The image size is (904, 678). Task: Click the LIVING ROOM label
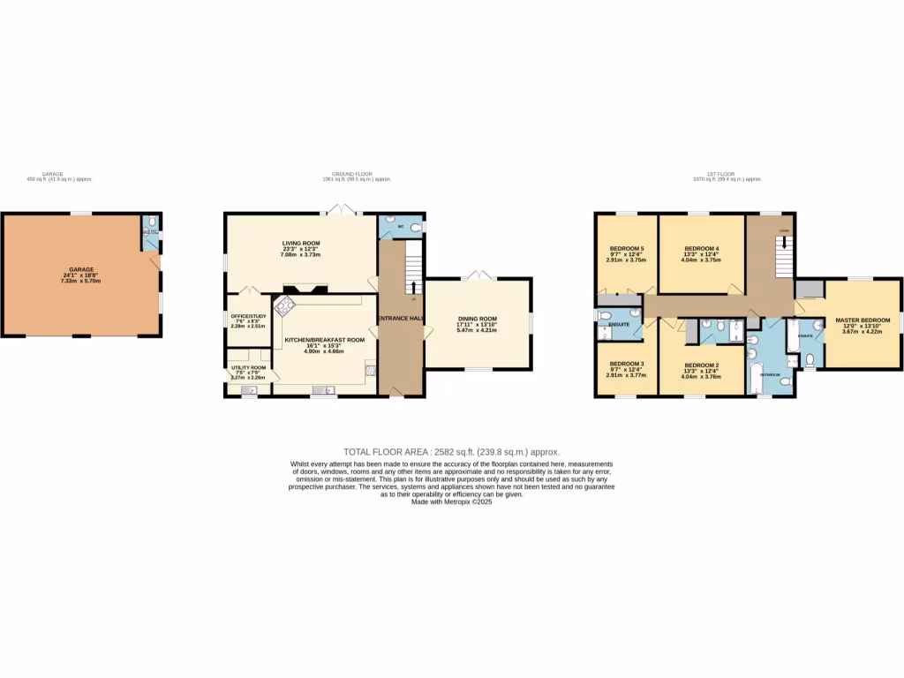(x=301, y=243)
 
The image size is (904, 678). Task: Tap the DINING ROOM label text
(x=477, y=319)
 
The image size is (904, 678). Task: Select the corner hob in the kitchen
(x=285, y=307)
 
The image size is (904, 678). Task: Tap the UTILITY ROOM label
(x=248, y=366)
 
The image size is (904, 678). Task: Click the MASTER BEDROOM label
(x=863, y=320)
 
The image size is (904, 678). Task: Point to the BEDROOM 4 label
(x=702, y=249)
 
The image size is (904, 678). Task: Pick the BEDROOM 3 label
(x=625, y=365)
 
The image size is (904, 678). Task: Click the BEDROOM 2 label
(x=702, y=365)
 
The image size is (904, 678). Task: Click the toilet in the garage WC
(x=152, y=221)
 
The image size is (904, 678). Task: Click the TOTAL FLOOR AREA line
(x=451, y=451)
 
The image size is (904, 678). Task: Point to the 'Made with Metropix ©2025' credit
(x=451, y=501)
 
